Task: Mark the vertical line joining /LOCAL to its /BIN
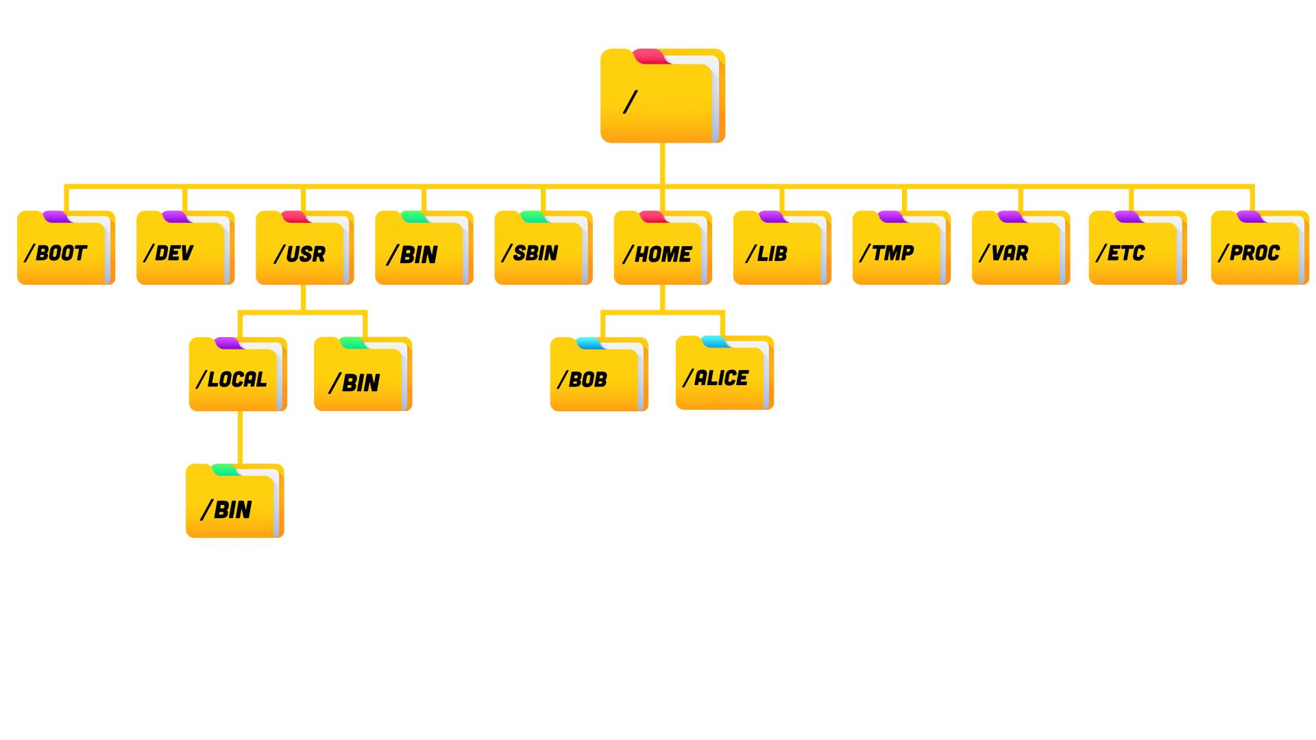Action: pos(240,437)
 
